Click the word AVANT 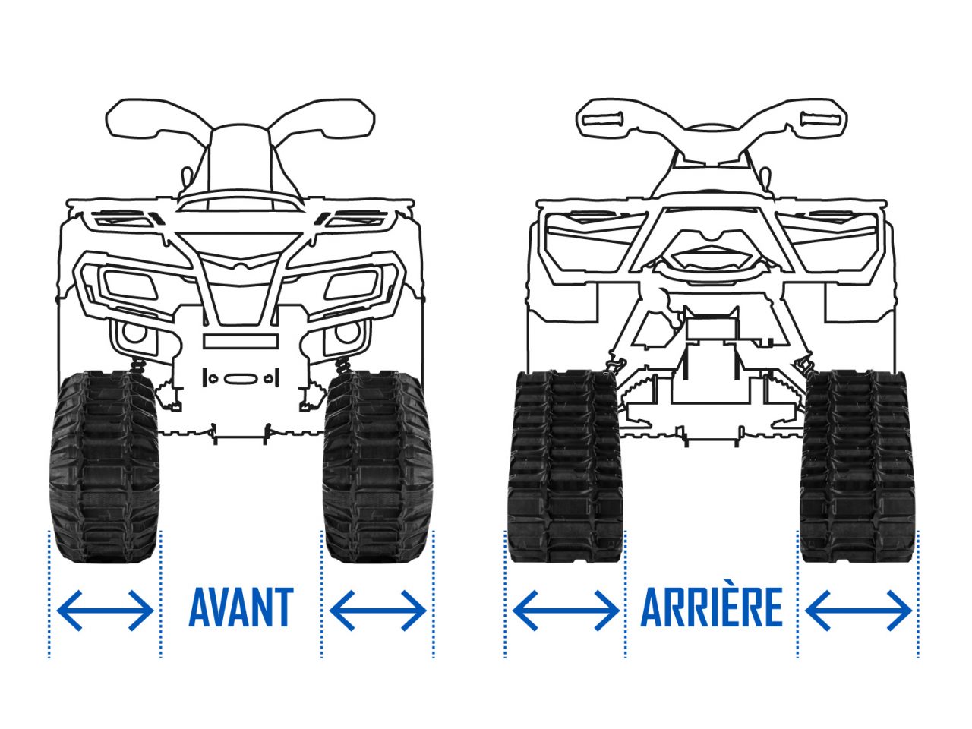point(241,607)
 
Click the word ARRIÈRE point(712,607)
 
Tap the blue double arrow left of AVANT point(106,611)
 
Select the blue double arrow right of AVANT point(377,611)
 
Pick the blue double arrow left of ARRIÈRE point(566,611)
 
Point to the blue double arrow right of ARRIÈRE point(859,611)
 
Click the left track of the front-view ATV point(104,468)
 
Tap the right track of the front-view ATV point(377,468)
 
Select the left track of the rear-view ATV point(566,466)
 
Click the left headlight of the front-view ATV point(130,286)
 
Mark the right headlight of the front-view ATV point(351,286)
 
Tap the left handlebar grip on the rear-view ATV point(603,119)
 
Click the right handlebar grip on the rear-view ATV point(820,119)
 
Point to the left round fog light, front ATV point(134,333)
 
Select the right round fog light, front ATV point(348,333)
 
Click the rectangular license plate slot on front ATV point(241,342)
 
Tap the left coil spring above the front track point(139,365)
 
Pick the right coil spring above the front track point(343,365)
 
